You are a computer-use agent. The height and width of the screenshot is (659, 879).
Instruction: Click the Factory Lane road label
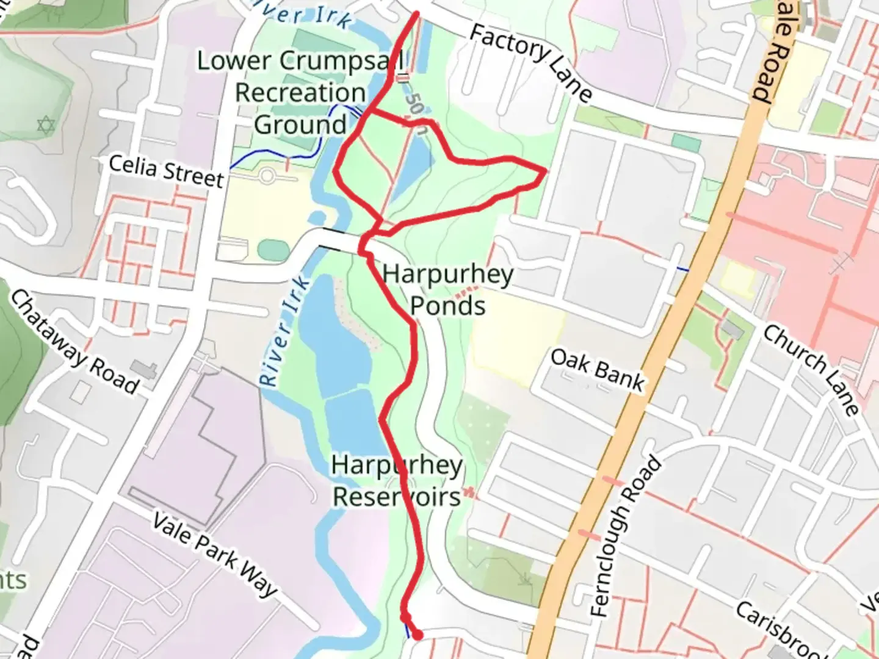[530, 62]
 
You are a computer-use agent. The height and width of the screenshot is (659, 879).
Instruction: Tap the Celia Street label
[166, 171]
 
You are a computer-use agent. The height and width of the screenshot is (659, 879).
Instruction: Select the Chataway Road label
[74, 341]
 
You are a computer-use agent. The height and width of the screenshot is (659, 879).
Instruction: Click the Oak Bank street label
[597, 370]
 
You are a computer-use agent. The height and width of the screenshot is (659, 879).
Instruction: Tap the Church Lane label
[811, 370]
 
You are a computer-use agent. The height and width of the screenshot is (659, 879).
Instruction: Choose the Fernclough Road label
[626, 536]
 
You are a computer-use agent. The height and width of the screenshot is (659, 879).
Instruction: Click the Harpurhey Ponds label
[448, 290]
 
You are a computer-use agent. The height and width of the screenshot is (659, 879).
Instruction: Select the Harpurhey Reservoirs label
[397, 481]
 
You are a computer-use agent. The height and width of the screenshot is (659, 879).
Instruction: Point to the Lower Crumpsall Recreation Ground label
[300, 93]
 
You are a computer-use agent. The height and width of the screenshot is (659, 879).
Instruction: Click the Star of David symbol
[46, 126]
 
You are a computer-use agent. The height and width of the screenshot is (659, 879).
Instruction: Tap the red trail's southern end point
[418, 635]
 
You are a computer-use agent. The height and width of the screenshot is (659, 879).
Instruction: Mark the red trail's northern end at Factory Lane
[417, 13]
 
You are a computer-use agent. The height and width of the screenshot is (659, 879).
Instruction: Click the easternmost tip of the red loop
[544, 172]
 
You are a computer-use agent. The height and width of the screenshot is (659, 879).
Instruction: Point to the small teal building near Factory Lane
[686, 143]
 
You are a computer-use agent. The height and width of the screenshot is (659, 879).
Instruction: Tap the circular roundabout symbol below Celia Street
[267, 176]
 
